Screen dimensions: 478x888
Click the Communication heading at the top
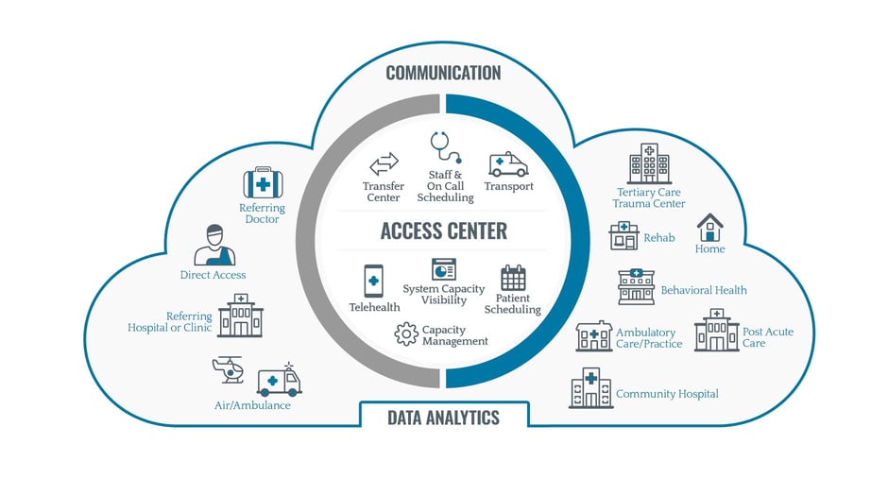click(x=443, y=73)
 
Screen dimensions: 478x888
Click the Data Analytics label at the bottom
click(x=443, y=417)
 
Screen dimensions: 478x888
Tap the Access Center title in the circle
click(x=443, y=230)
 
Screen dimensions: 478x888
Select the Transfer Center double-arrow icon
click(x=384, y=165)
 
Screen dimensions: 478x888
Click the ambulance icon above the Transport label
click(x=508, y=164)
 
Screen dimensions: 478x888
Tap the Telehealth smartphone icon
click(x=373, y=282)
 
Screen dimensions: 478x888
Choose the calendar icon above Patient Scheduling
click(x=513, y=278)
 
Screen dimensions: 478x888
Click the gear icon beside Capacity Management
click(x=406, y=333)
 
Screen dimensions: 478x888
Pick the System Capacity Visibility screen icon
click(x=444, y=269)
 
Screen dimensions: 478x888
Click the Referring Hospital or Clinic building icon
click(x=241, y=315)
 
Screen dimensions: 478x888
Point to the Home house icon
click(x=709, y=227)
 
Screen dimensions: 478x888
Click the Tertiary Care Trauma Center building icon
click(x=649, y=163)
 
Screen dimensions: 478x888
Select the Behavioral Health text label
click(x=704, y=290)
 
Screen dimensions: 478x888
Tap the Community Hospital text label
click(x=667, y=394)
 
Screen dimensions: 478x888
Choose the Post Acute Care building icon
click(x=716, y=330)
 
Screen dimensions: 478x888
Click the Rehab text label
click(x=659, y=238)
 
